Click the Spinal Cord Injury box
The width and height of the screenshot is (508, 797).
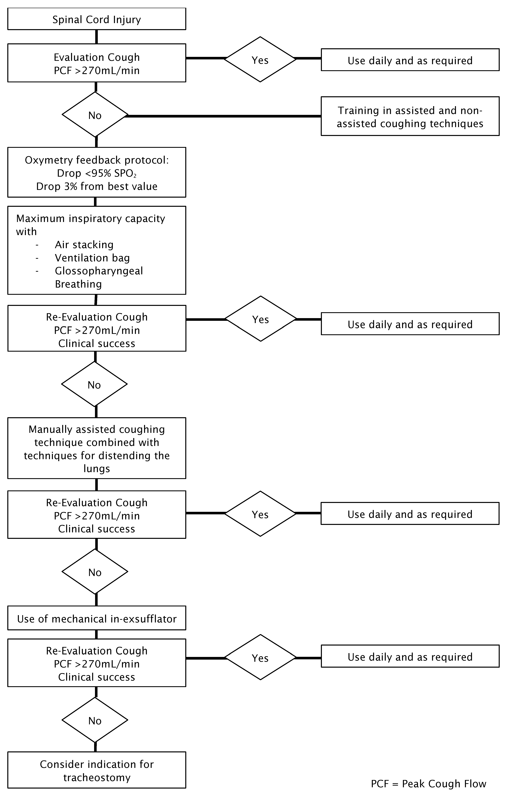click(97, 19)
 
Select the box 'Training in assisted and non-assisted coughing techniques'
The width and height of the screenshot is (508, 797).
click(410, 116)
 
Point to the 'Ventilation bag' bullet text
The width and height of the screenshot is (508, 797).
click(92, 258)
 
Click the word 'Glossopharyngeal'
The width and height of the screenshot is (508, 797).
click(99, 271)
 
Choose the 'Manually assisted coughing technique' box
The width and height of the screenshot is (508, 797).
click(97, 448)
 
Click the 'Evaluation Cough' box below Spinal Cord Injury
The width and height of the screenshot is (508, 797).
click(97, 63)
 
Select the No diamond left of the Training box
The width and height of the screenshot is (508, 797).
click(95, 115)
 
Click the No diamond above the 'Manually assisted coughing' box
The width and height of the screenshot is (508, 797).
click(95, 384)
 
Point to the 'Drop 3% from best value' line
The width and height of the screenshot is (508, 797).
click(97, 186)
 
